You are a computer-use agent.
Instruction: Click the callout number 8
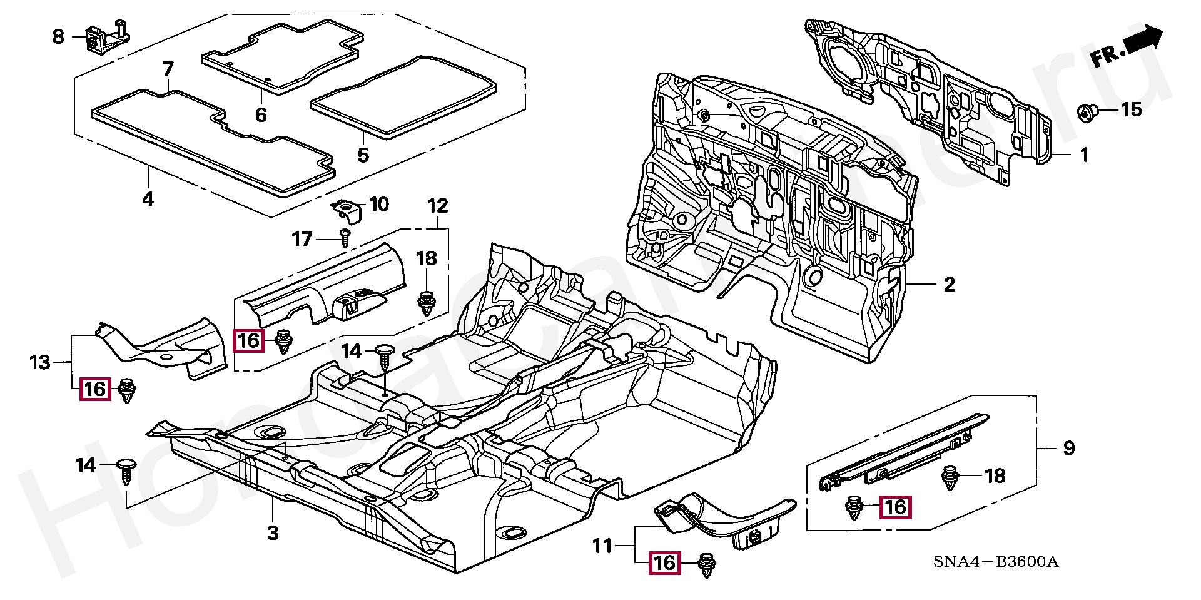[58, 36]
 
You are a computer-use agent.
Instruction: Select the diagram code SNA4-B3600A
[995, 561]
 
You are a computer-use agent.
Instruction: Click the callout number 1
[1084, 155]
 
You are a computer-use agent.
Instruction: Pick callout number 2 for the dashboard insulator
[949, 285]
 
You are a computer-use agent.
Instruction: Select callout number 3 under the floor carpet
[272, 533]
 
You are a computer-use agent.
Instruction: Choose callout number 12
[438, 205]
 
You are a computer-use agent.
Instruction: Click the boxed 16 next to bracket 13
[95, 389]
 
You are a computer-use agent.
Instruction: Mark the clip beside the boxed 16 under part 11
[706, 564]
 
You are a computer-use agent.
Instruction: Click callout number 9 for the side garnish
[1068, 447]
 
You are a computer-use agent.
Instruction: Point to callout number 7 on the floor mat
[168, 68]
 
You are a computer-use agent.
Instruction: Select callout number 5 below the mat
[363, 155]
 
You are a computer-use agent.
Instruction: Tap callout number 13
[39, 362]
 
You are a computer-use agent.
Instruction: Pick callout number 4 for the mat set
[148, 199]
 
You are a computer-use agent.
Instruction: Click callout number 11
[602, 546]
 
